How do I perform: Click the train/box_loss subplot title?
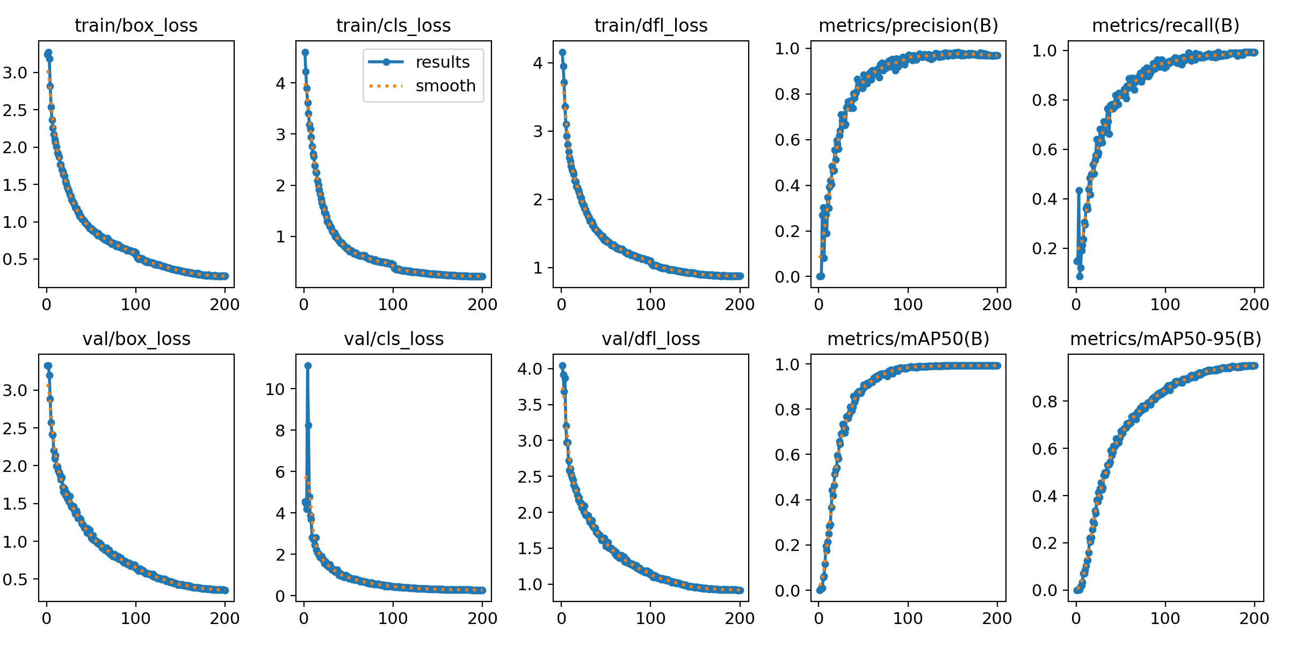pyautogui.click(x=136, y=26)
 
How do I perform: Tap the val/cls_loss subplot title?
pyautogui.click(x=394, y=339)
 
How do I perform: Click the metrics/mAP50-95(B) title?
pyautogui.click(x=1165, y=339)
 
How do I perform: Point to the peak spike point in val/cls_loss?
pyautogui.click(x=308, y=365)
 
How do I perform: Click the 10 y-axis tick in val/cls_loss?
pyautogui.click(x=275, y=389)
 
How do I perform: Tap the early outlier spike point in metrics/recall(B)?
pyautogui.click(x=1079, y=190)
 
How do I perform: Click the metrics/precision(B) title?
pyautogui.click(x=908, y=26)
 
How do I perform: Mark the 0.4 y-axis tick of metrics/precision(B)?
pyautogui.click(x=787, y=186)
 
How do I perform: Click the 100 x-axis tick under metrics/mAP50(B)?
pyautogui.click(x=908, y=618)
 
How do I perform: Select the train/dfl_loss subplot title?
pyautogui.click(x=651, y=26)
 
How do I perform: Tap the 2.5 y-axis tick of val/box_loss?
pyautogui.click(x=15, y=428)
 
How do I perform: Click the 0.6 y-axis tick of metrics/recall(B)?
pyautogui.click(x=1045, y=150)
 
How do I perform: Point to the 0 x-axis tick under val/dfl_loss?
pyautogui.click(x=562, y=618)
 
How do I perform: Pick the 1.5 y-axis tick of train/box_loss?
pyautogui.click(x=15, y=185)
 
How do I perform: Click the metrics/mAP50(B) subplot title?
pyautogui.click(x=908, y=339)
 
